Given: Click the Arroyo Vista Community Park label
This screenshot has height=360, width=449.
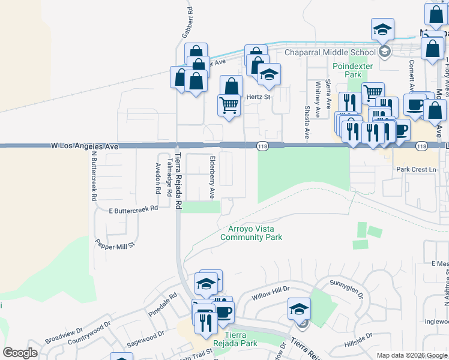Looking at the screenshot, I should (x=251, y=233).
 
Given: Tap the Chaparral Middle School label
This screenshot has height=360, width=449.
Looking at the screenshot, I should (x=331, y=52).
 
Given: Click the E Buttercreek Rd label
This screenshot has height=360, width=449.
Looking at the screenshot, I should (x=133, y=209).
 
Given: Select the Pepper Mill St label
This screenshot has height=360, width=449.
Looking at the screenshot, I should (x=116, y=244).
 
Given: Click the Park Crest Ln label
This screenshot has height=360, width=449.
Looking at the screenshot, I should (x=416, y=169).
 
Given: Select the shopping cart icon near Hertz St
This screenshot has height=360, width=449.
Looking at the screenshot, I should (x=229, y=106).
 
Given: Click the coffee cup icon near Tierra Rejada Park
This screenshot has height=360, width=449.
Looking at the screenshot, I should (x=223, y=312).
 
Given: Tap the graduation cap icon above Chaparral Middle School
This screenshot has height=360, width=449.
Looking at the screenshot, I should (x=381, y=29).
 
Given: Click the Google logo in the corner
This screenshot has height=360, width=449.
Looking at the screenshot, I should (x=20, y=353).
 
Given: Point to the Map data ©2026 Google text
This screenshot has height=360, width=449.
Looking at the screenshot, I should (x=411, y=355).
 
